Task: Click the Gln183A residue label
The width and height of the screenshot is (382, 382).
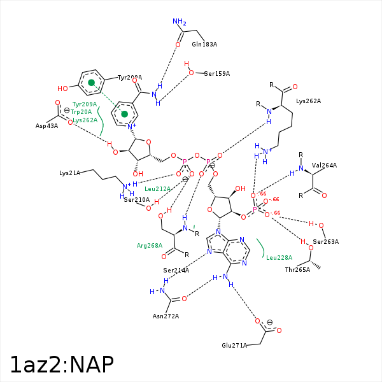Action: tap(204, 45)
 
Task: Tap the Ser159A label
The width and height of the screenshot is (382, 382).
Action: tap(217, 74)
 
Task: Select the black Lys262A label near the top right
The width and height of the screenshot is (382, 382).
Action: tap(309, 101)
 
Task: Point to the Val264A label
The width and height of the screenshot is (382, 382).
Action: tap(325, 166)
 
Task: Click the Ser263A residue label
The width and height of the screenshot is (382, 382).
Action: tap(325, 241)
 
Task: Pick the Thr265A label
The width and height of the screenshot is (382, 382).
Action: tap(297, 269)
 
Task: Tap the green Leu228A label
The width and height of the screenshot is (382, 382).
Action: tap(279, 257)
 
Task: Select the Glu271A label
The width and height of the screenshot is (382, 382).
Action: tap(234, 345)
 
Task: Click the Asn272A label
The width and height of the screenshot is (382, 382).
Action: tap(166, 316)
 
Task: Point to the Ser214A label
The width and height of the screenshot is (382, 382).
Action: tap(176, 270)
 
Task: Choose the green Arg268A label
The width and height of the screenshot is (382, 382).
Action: tap(150, 245)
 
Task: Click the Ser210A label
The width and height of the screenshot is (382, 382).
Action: tap(136, 200)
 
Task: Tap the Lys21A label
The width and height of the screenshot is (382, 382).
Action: tap(70, 173)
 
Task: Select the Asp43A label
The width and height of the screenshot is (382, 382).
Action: tap(46, 125)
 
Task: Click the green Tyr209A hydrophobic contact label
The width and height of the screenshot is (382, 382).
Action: tap(84, 104)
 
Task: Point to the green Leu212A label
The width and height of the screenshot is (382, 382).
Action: tap(158, 188)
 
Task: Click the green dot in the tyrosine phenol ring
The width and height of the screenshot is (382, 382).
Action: tap(92, 83)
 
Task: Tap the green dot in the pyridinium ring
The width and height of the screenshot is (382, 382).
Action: tap(125, 114)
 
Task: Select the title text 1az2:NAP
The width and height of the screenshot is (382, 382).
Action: tap(62, 364)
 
